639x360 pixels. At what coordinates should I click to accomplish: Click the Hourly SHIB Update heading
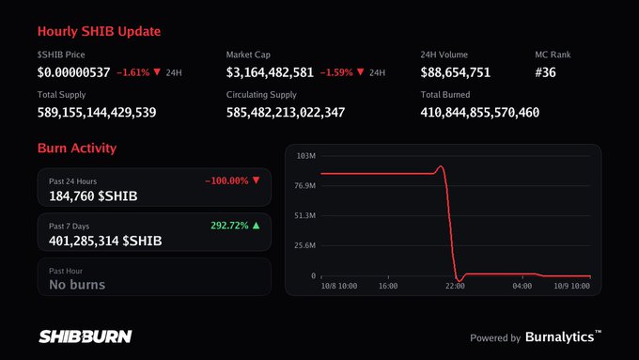[x=99, y=31]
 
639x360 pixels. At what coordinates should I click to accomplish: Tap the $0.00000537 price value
[x=73, y=72]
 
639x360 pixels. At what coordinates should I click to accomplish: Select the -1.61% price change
[x=133, y=72]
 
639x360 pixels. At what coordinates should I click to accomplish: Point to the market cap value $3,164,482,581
[x=270, y=72]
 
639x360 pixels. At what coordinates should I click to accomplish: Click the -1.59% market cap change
[x=336, y=72]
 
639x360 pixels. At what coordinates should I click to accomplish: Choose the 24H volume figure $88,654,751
[x=456, y=72]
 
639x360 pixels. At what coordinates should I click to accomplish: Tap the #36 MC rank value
[x=545, y=72]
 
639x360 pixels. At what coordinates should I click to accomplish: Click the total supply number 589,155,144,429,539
[x=97, y=113]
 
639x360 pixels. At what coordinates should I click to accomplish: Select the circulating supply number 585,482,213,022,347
[x=286, y=113]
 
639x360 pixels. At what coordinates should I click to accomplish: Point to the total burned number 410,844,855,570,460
[x=480, y=113]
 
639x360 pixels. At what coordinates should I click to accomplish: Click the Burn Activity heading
[x=77, y=148]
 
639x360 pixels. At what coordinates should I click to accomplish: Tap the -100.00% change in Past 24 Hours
[x=226, y=180]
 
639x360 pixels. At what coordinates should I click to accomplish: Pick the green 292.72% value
[x=229, y=226]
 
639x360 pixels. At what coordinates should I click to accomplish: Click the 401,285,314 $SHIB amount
[x=105, y=241]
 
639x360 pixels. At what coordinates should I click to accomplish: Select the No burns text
[x=77, y=285]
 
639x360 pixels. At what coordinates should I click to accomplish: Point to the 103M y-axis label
[x=306, y=156]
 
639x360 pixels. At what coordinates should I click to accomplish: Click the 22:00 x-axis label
[x=455, y=286]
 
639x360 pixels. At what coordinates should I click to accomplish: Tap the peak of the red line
[x=441, y=166]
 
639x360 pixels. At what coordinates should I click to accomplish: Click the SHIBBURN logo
[x=86, y=337]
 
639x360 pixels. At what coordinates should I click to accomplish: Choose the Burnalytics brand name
[x=560, y=337]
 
